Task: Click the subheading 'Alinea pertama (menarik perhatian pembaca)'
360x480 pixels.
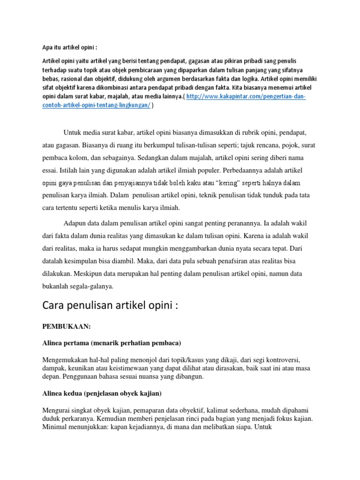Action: [x=112, y=343]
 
